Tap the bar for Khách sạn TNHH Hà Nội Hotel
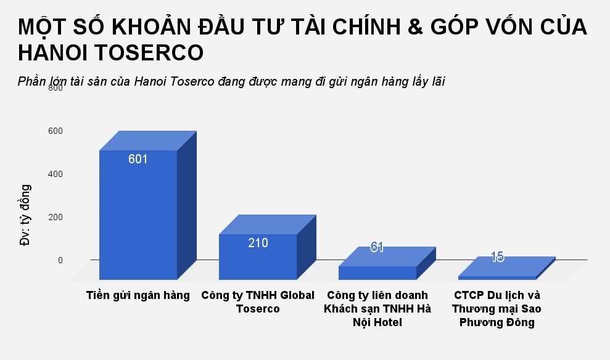pos(377,272)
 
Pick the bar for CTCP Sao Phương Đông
pos(497,278)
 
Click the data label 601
pos(138,159)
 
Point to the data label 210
pos(258,243)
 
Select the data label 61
pos(377,247)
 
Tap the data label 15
pos(497,257)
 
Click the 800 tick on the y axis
pos(56,88)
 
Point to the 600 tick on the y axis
pos(56,131)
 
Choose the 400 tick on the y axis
pos(56,174)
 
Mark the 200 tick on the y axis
pos(56,217)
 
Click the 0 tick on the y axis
pos(60,260)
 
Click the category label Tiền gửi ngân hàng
pos(138,295)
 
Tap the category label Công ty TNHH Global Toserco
pos(258,302)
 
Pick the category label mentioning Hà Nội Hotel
pos(377,309)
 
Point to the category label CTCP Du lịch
pos(497,309)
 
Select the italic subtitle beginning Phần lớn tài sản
pos(231,81)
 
